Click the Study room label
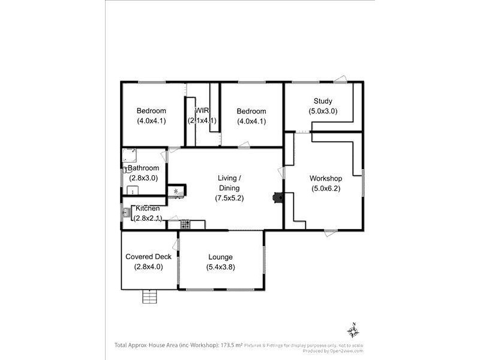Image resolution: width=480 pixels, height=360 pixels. point(323,101)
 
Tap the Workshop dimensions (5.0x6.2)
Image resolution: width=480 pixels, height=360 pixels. point(326,188)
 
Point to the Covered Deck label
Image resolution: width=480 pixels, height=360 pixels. point(148,257)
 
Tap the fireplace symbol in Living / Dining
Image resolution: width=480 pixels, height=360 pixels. point(277,198)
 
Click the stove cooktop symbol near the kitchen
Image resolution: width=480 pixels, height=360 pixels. point(185,224)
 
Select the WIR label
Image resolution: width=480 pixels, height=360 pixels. point(202,110)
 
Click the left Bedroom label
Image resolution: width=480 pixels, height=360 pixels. point(151,111)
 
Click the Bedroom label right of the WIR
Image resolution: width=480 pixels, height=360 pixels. point(251,111)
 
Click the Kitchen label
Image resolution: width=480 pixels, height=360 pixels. point(148,208)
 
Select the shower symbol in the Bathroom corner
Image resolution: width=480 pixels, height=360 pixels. point(129,156)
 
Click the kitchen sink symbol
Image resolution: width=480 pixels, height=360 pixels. point(127,212)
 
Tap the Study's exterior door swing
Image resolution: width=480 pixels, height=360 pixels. point(340,79)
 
